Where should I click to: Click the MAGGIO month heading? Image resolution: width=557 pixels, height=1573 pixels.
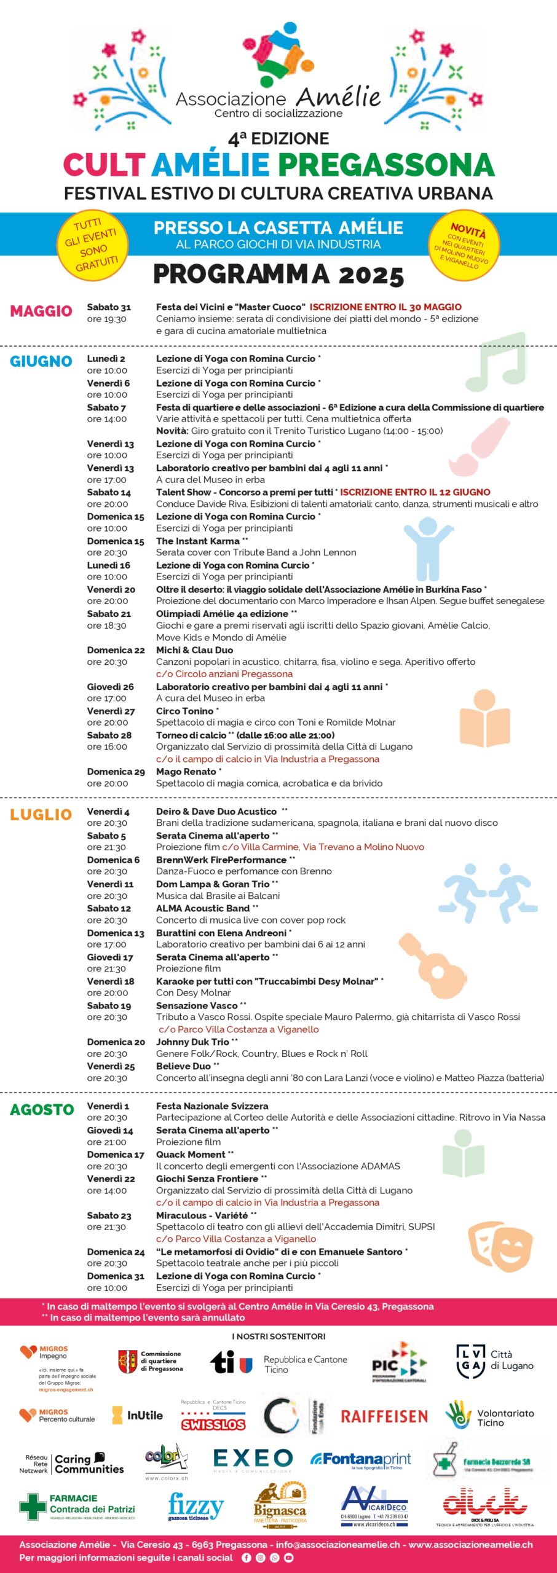click(41, 311)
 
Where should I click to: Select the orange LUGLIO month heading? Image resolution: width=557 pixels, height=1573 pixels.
click(41, 815)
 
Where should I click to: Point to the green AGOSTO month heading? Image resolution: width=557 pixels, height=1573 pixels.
click(42, 1110)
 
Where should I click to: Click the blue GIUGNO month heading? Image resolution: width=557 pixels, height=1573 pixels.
click(41, 361)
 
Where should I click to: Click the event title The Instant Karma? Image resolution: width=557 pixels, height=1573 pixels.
click(197, 541)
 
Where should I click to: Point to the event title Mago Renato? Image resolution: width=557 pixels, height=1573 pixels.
click(186, 772)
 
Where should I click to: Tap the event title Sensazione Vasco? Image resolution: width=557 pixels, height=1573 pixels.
click(197, 1006)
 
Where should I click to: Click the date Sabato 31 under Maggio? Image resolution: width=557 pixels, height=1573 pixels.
click(109, 307)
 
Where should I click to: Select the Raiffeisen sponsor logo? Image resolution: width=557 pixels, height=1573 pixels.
click(384, 1417)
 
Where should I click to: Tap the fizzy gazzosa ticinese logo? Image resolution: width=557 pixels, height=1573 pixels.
click(196, 1507)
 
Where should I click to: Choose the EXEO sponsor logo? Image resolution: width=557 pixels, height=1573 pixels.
click(253, 1459)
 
